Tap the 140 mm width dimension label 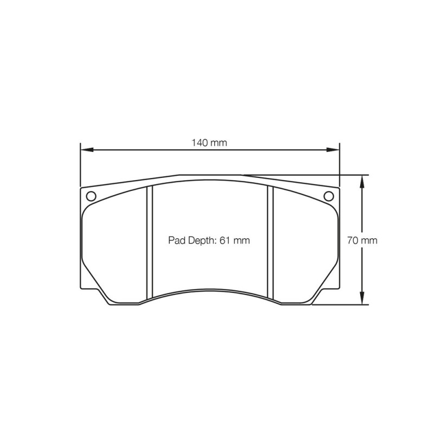(209, 143)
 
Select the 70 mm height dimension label (362, 240)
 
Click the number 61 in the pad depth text (225, 240)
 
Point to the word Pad (177, 240)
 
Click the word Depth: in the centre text (202, 240)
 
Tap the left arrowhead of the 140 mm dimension (86, 150)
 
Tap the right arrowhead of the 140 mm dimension (333, 150)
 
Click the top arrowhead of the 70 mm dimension (362, 181)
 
